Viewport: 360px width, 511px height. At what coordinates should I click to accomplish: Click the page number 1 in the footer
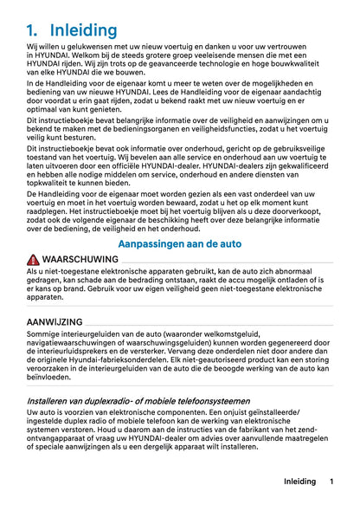331,482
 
